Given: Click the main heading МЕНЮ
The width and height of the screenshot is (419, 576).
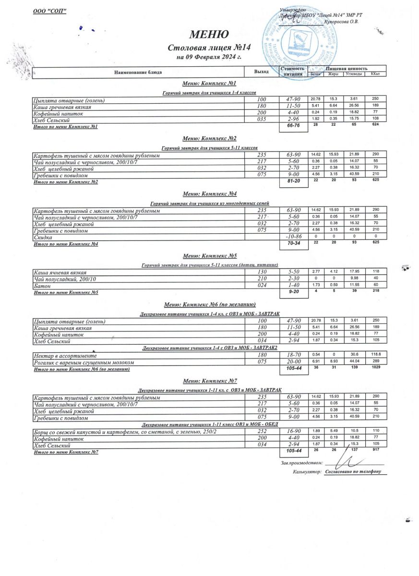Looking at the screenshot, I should point(209,35).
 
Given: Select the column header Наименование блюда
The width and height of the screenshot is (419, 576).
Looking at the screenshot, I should point(138,72).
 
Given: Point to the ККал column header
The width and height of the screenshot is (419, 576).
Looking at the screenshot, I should point(375,74).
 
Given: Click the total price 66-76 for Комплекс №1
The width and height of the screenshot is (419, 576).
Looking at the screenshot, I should point(293,126).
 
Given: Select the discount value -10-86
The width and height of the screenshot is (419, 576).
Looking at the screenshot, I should point(293,238).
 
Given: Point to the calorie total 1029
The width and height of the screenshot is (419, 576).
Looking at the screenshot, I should point(375,368).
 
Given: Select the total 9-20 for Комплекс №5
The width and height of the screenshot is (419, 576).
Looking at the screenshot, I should point(293,291).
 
